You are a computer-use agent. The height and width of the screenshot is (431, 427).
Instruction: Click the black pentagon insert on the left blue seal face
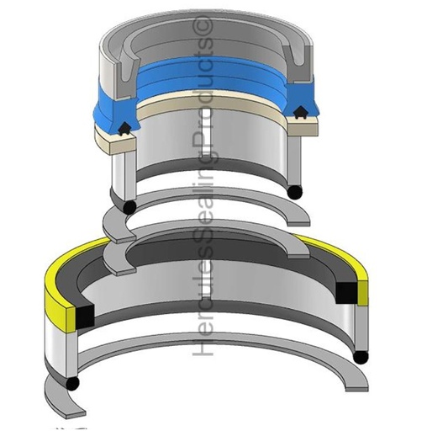coord(124,130)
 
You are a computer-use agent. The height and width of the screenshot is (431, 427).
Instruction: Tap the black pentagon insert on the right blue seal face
coord(300,112)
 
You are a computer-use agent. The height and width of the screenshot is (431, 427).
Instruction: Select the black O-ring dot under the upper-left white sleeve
coord(129,207)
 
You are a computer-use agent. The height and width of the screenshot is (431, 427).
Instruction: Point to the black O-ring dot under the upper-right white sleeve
coord(295,193)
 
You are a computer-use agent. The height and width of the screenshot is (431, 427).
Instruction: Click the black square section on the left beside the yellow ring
coord(84,317)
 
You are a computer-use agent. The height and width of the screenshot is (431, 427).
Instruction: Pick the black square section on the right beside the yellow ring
coord(346,293)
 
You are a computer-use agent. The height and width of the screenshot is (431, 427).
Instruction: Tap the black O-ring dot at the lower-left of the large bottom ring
coord(72,382)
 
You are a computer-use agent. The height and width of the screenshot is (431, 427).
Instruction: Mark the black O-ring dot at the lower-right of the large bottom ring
coord(361,357)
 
